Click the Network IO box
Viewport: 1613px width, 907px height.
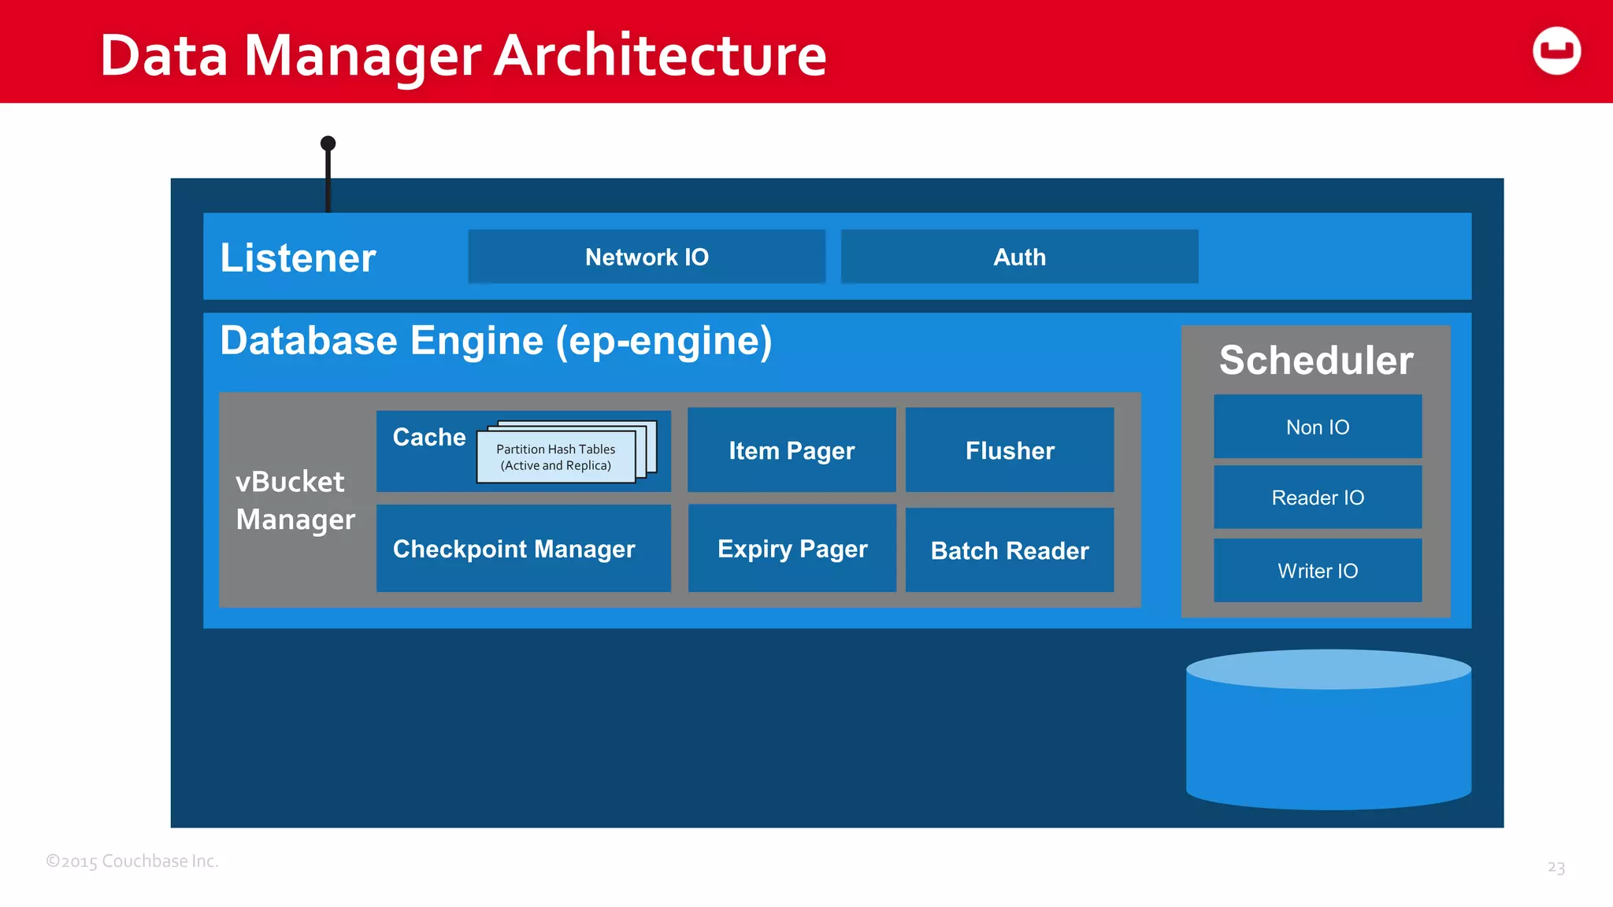647,257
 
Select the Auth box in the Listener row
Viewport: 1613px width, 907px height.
1019,257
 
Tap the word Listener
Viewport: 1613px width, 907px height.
298,258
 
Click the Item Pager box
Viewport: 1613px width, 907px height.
792,450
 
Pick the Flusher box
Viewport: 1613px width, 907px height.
1010,450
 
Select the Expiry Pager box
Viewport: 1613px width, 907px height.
792,549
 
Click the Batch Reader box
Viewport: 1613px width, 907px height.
1010,550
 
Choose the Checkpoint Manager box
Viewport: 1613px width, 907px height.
514,549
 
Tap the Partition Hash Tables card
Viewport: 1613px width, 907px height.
556,457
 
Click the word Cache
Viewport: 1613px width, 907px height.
429,437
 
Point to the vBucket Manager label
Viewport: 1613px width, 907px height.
295,501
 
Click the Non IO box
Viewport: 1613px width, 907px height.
1318,427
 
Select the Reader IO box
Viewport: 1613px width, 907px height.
1318,498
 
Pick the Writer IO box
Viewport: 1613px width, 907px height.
1318,571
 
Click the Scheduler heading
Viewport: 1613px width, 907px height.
1316,361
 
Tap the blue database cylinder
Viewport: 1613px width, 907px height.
1329,740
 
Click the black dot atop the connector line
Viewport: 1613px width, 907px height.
328,143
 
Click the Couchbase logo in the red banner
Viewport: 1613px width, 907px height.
1556,51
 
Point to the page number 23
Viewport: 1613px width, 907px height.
1556,867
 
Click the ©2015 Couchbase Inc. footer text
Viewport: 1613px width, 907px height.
132,861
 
